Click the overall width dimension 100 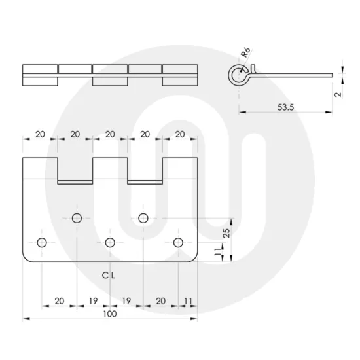tap(109, 314)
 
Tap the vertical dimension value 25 tap(226, 232)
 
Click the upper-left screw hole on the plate tap(77, 217)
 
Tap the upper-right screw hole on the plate tap(143, 217)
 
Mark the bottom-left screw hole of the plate tap(43, 243)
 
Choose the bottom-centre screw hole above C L tap(110, 243)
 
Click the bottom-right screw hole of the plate tap(178, 243)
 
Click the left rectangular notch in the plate tap(75, 170)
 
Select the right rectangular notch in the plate tap(144, 170)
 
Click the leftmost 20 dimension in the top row tap(40, 134)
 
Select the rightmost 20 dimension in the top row tap(179, 134)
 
